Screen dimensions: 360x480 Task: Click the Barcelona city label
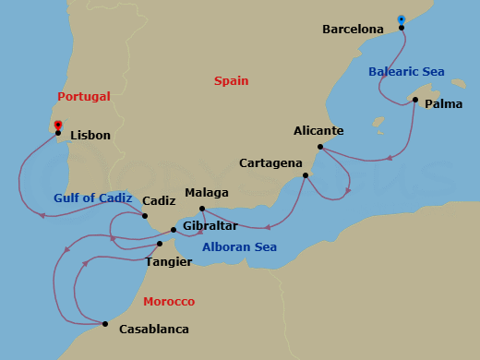tap(353, 30)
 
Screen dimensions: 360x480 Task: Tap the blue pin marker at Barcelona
tap(401, 19)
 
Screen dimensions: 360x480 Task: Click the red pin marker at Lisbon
tap(58, 126)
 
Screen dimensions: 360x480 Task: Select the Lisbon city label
tap(90, 136)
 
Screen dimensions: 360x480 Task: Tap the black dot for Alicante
tap(320, 147)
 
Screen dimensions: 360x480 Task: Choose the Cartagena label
tap(270, 163)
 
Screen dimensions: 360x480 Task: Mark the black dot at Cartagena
tap(306, 174)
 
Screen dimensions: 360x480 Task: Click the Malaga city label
tap(206, 193)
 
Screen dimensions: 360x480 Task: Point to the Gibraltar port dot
tap(174, 230)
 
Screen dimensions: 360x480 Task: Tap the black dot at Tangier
tap(160, 244)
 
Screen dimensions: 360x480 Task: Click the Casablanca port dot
tap(105, 324)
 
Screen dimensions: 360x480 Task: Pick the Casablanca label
tap(154, 330)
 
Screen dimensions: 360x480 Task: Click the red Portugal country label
tap(83, 96)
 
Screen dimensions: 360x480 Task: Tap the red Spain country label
tap(231, 81)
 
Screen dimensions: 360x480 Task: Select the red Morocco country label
tap(169, 302)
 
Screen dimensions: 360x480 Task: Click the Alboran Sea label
tap(239, 247)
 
